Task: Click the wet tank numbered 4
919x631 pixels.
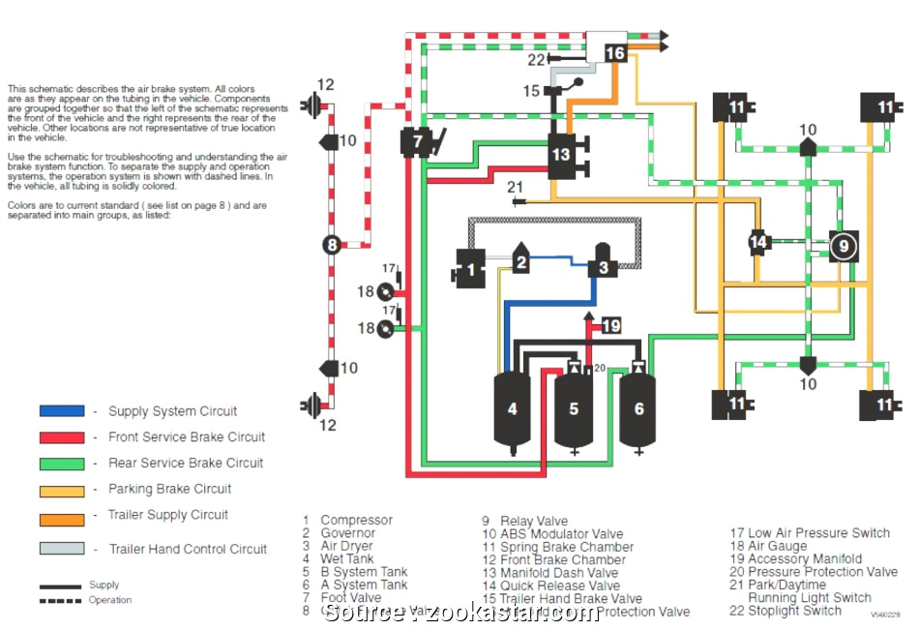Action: pos(513,409)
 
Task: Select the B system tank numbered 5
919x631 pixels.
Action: pos(573,409)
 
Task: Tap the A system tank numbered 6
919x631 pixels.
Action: pos(638,409)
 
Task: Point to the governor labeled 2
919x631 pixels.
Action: pos(520,259)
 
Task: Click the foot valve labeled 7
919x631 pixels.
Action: pos(417,141)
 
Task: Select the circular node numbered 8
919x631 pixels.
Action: pos(332,245)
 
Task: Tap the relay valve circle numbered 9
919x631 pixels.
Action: pos(844,247)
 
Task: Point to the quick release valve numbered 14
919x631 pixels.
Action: pos(759,242)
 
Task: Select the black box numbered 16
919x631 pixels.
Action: pos(615,52)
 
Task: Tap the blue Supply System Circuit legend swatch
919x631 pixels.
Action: pos(62,410)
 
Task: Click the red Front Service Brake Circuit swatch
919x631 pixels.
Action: pos(62,436)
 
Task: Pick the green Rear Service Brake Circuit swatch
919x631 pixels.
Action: pos(62,463)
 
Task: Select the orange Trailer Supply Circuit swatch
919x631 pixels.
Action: pos(62,520)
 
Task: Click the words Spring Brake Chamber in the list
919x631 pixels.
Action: pos(566,547)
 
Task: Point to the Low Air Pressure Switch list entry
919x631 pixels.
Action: pos(809,533)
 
